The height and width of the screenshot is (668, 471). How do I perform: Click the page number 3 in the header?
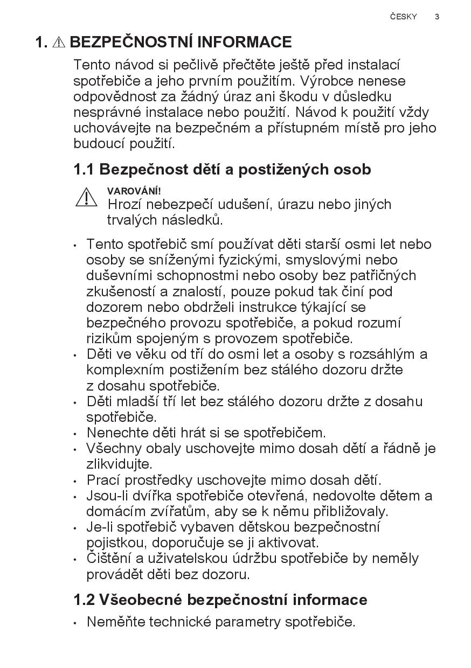point(437,17)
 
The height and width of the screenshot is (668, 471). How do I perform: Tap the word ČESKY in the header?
point(404,17)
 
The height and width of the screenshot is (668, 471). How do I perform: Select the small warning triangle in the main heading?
point(59,43)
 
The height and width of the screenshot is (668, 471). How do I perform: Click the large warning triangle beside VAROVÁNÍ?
point(86,197)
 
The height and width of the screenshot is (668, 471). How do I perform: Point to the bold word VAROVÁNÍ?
point(134,191)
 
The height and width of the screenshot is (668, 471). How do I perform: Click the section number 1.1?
point(84,170)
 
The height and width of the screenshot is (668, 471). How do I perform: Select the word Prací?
point(102,480)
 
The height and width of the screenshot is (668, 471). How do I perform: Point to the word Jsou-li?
point(106,496)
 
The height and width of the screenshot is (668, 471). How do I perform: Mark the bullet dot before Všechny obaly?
point(75,449)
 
